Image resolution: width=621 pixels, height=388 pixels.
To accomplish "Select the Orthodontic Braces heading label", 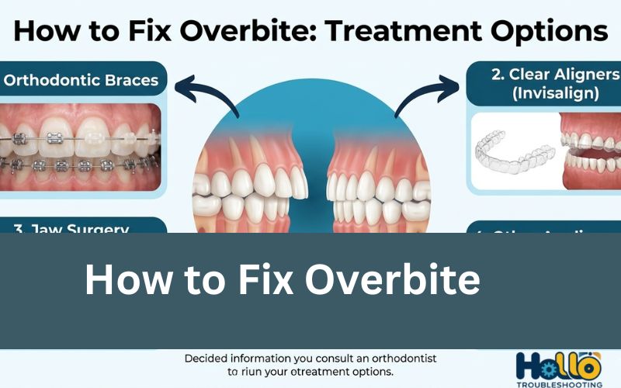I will click(x=81, y=79).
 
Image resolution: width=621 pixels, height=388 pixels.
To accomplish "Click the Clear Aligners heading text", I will click(x=556, y=74).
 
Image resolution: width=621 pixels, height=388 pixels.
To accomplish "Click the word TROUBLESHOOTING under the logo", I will click(x=557, y=383).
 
